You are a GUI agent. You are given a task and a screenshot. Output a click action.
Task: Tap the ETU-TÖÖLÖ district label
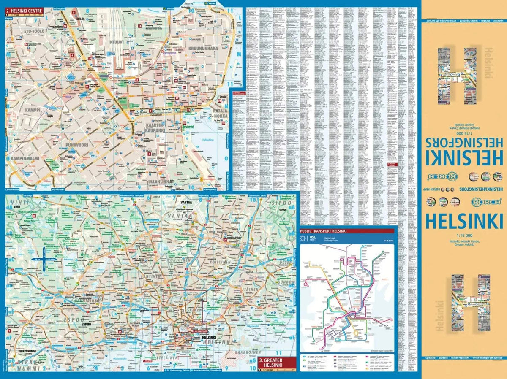(24, 31)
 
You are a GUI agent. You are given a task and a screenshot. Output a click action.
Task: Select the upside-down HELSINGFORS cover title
(463, 142)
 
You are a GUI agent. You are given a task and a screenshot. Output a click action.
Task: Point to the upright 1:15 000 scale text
(464, 235)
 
